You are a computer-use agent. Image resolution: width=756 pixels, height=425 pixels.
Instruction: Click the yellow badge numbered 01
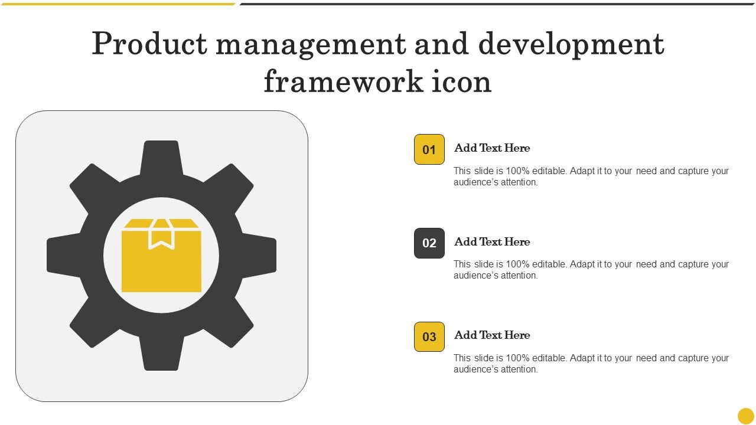coord(429,149)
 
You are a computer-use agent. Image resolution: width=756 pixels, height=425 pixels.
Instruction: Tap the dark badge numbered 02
coord(429,243)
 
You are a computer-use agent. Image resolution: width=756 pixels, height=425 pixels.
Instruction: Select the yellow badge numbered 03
coord(429,336)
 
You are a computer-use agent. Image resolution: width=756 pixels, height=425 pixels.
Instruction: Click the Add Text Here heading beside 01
coord(492,148)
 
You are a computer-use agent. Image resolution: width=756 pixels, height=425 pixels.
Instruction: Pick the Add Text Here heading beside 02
coord(492,241)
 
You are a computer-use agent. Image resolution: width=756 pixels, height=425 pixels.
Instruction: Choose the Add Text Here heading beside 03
coord(492,335)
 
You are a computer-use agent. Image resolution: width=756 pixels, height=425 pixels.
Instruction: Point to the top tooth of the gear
coord(161,157)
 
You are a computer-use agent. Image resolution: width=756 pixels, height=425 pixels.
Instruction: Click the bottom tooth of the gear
coord(161,354)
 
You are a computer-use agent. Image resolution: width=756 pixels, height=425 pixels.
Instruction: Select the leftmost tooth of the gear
coord(63,256)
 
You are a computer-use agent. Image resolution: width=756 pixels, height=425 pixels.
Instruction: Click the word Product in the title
coord(149,44)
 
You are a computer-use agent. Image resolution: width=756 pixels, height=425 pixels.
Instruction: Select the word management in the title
coord(311,46)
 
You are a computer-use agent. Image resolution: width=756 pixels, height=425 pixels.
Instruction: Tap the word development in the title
coord(571,45)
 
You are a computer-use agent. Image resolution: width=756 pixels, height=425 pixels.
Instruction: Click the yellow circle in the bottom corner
coord(745,416)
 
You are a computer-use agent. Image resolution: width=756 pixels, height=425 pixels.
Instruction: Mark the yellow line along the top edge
coord(118,4)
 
